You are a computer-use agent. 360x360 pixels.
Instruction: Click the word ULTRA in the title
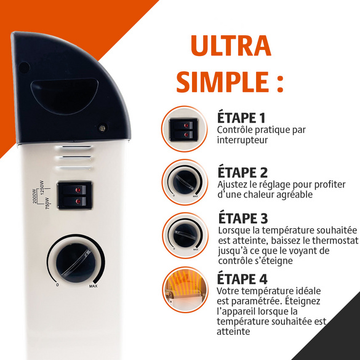pos(231,46)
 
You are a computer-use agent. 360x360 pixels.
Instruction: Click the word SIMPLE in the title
pos(222,82)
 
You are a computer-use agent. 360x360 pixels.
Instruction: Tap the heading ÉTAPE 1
pos(241,118)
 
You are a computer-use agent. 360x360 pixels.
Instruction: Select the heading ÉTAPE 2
pos(242,172)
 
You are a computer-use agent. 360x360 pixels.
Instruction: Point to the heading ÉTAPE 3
pos(243,218)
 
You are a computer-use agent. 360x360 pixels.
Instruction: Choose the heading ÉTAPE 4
pos(242,279)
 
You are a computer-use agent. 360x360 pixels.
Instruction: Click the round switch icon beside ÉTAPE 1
pos(184,129)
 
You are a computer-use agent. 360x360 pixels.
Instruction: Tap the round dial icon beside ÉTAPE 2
pos(185,182)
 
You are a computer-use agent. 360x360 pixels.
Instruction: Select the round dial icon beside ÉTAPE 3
pos(185,236)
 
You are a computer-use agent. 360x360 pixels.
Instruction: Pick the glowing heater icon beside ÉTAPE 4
pos(185,290)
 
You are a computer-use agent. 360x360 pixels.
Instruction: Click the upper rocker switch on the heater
pos(75,190)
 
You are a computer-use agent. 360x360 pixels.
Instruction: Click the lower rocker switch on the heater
pos(75,202)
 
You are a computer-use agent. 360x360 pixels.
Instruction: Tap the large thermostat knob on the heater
pos(76,263)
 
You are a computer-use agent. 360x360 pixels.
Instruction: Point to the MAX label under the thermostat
pos(93,286)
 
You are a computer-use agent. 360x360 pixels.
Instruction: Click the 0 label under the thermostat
pos(57,285)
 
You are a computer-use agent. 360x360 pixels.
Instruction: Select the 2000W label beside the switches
pos(34,196)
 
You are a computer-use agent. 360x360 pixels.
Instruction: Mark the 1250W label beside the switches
pos(42,187)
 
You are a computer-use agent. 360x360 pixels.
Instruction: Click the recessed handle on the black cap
pos(65,96)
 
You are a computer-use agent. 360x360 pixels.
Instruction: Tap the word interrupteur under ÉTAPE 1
pos(242,140)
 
